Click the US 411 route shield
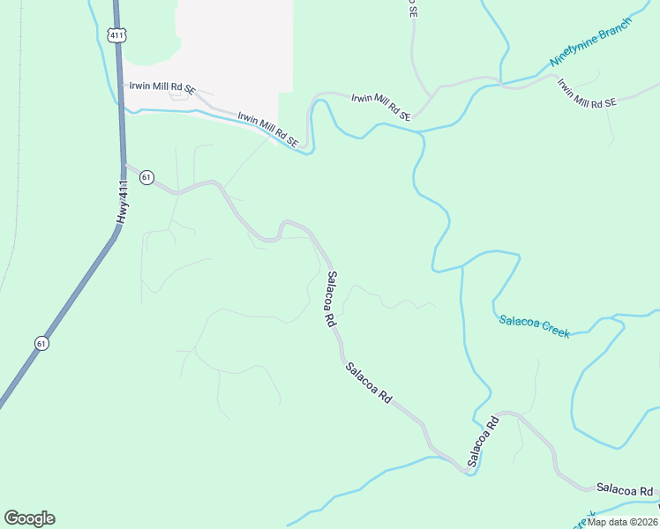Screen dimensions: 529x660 click(x=117, y=34)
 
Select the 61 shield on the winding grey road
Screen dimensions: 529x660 click(x=146, y=177)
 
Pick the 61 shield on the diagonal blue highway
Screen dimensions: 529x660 click(x=41, y=343)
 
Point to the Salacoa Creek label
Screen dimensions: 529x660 click(x=534, y=326)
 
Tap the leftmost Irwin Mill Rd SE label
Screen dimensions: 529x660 click(x=161, y=88)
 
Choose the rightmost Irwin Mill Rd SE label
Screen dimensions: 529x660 click(x=586, y=93)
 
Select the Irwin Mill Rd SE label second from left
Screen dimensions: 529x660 click(x=268, y=129)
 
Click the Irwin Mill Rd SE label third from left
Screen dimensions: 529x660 click(x=381, y=107)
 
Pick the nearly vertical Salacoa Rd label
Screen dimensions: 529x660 click(x=331, y=300)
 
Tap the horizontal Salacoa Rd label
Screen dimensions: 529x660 click(x=625, y=488)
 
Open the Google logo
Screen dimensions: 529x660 click(x=29, y=518)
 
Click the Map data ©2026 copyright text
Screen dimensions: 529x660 click(x=622, y=521)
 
